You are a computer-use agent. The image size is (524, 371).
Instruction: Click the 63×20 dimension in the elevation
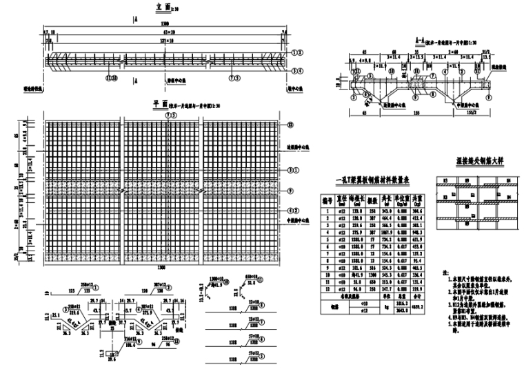pyautogui.click(x=165, y=32)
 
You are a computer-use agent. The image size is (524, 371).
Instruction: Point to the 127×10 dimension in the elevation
pyautogui.click(x=165, y=42)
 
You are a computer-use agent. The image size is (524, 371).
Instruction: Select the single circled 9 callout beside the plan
pyautogui.click(x=290, y=189)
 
